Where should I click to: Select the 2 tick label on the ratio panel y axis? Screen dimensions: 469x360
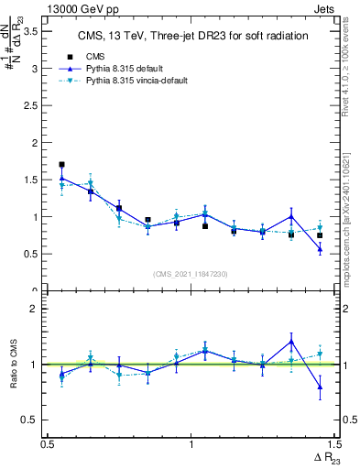(x=35, y=309)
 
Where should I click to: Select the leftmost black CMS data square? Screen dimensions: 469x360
(x=61, y=165)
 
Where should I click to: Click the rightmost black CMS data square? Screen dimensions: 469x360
(x=320, y=235)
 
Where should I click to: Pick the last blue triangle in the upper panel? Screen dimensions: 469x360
(x=320, y=249)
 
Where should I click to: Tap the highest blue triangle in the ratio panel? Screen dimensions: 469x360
(x=291, y=342)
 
